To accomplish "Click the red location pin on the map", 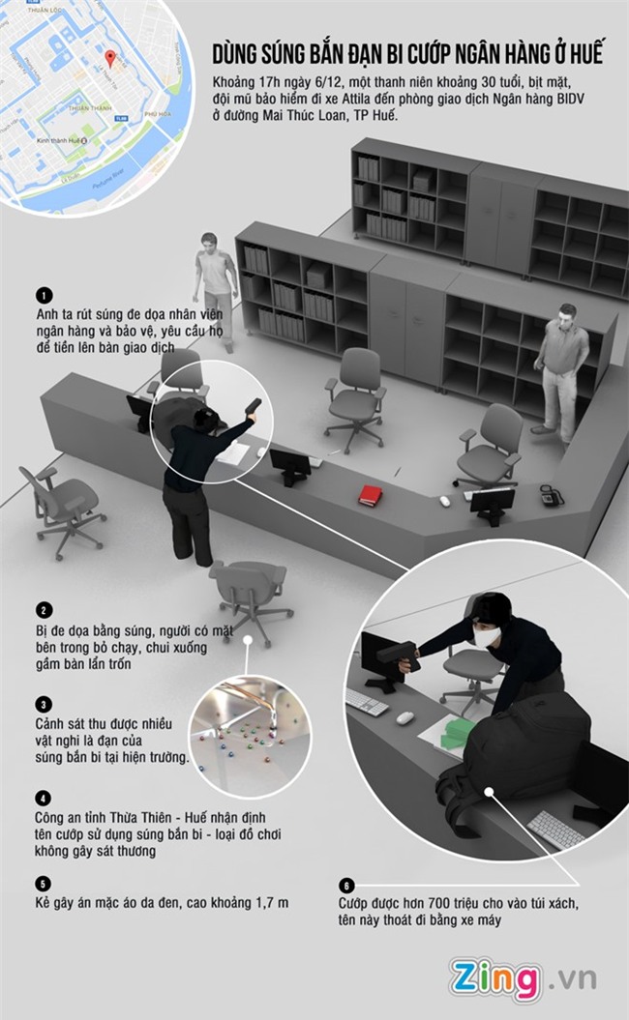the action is pos(110,59).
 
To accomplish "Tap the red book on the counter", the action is pos(371,496).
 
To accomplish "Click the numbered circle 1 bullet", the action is pos(44,296).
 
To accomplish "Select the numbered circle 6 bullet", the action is pos(346,886).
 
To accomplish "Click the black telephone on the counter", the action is pos(552,495).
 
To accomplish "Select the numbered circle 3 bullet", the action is pos(44,705).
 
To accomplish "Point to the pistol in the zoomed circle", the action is pos(398,656).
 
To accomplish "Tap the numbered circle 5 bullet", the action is pos(43,884).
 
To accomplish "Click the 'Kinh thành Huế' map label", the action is pos(59,140).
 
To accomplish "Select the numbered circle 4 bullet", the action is pos(43,799).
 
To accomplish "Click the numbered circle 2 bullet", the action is pos(44,610).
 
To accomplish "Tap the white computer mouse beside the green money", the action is pos(405,717).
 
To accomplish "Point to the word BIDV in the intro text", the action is pos(570,99).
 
